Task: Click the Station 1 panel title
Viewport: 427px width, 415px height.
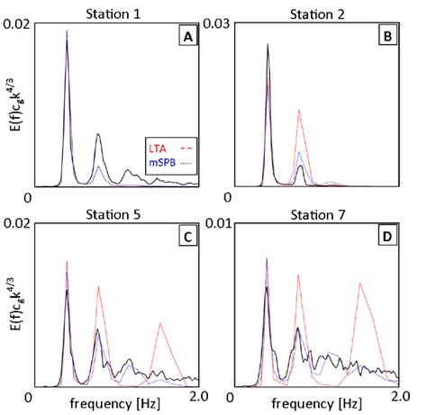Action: [x=120, y=13]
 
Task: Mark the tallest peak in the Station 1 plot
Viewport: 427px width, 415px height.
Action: [x=67, y=32]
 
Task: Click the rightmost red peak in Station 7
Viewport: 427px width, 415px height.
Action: [x=361, y=284]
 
